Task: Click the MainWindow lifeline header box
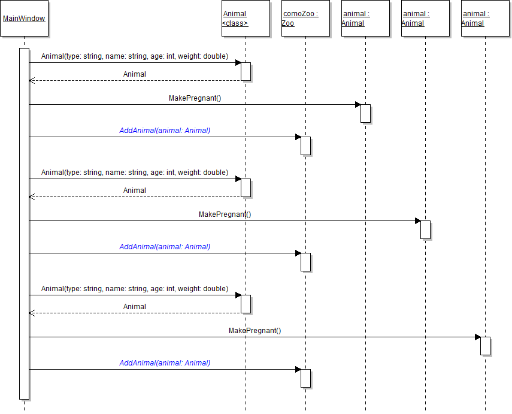tap(24, 19)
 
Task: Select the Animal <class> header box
tap(246, 19)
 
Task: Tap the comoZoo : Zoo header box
tap(305, 19)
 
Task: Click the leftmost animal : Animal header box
tap(365, 19)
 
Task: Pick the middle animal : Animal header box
tap(425, 19)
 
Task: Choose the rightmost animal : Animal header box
tap(485, 19)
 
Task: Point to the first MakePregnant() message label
tap(195, 98)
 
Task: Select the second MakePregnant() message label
tap(225, 214)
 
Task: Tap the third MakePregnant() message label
tap(255, 331)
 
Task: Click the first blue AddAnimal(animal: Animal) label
tap(165, 130)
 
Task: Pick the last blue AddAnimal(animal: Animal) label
tap(165, 362)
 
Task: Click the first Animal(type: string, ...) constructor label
tap(135, 56)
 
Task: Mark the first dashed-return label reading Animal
tap(135, 74)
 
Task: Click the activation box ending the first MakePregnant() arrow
tap(365, 113)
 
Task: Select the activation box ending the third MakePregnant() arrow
tap(485, 346)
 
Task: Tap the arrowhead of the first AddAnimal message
tap(298, 137)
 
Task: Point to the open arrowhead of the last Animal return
tap(32, 313)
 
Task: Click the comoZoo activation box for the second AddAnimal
tap(305, 262)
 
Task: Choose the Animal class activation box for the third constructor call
tap(246, 304)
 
